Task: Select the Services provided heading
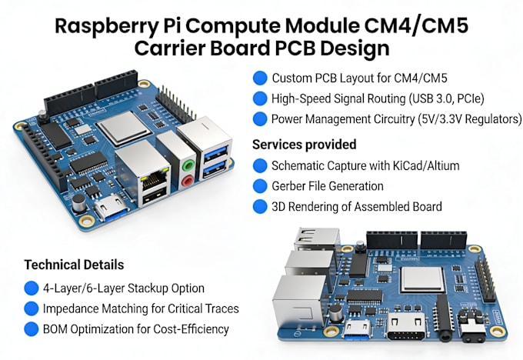click(305, 145)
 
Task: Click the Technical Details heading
click(74, 265)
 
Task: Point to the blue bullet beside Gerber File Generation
click(260, 186)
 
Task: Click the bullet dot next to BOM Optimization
click(32, 329)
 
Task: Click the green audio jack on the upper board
click(188, 165)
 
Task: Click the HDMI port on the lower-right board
click(406, 327)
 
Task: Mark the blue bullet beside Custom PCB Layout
click(260, 78)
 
